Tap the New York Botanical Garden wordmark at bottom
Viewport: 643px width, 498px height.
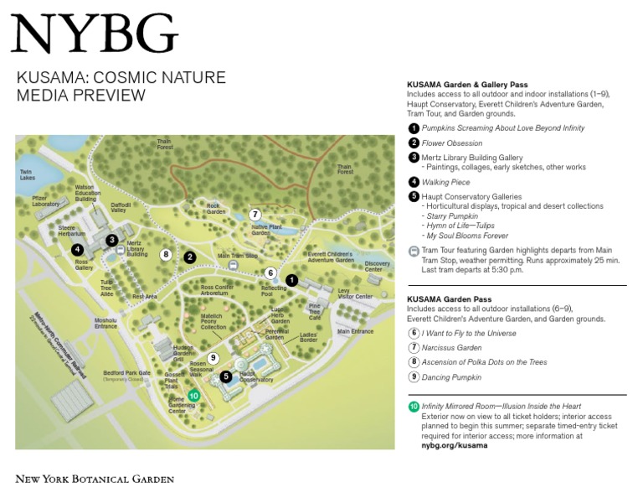pos(95,479)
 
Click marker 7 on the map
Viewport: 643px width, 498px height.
pos(255,215)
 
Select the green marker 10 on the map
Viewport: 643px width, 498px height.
pos(193,396)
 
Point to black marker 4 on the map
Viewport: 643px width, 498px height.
pos(77,250)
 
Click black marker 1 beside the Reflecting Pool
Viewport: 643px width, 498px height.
pos(291,279)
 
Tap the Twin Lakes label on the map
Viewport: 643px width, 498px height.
pos(28,174)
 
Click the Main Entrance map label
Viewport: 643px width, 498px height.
pos(355,331)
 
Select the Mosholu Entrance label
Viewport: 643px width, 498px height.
pos(105,323)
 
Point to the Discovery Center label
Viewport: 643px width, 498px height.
pos(378,266)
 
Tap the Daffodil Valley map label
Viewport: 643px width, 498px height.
pos(121,207)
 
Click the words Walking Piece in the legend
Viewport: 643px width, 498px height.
pos(445,182)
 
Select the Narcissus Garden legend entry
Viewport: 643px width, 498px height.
pos(451,347)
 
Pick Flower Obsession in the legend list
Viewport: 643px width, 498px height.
pos(452,143)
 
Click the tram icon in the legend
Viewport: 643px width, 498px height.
pos(414,251)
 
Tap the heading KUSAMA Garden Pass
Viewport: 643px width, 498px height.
pos(449,299)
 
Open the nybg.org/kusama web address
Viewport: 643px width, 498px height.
pos(454,445)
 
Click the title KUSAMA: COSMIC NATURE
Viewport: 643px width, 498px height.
pos(121,78)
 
